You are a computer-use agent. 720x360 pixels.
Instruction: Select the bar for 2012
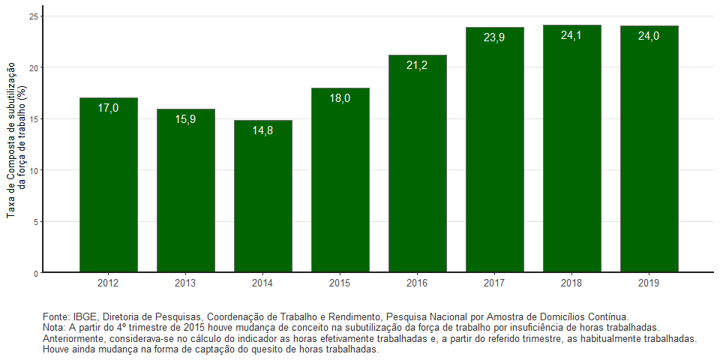click(x=109, y=185)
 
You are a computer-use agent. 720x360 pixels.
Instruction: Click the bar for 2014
click(x=263, y=196)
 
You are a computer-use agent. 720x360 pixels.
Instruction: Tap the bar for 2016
click(x=418, y=163)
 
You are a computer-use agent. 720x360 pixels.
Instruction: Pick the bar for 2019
click(x=649, y=149)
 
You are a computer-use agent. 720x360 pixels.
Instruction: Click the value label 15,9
click(x=186, y=119)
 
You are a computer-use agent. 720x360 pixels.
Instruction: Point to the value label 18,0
click(x=340, y=97)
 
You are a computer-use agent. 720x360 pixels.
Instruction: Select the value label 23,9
click(x=494, y=37)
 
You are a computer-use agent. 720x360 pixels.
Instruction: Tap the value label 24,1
click(x=571, y=35)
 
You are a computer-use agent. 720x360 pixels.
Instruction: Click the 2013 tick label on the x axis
click(x=186, y=283)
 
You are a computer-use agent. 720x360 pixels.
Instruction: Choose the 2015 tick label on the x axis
click(x=340, y=283)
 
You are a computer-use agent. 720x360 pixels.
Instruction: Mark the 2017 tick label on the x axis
click(x=494, y=283)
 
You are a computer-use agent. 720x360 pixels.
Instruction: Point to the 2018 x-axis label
click(x=571, y=283)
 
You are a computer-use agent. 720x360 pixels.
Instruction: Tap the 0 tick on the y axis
click(x=36, y=273)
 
